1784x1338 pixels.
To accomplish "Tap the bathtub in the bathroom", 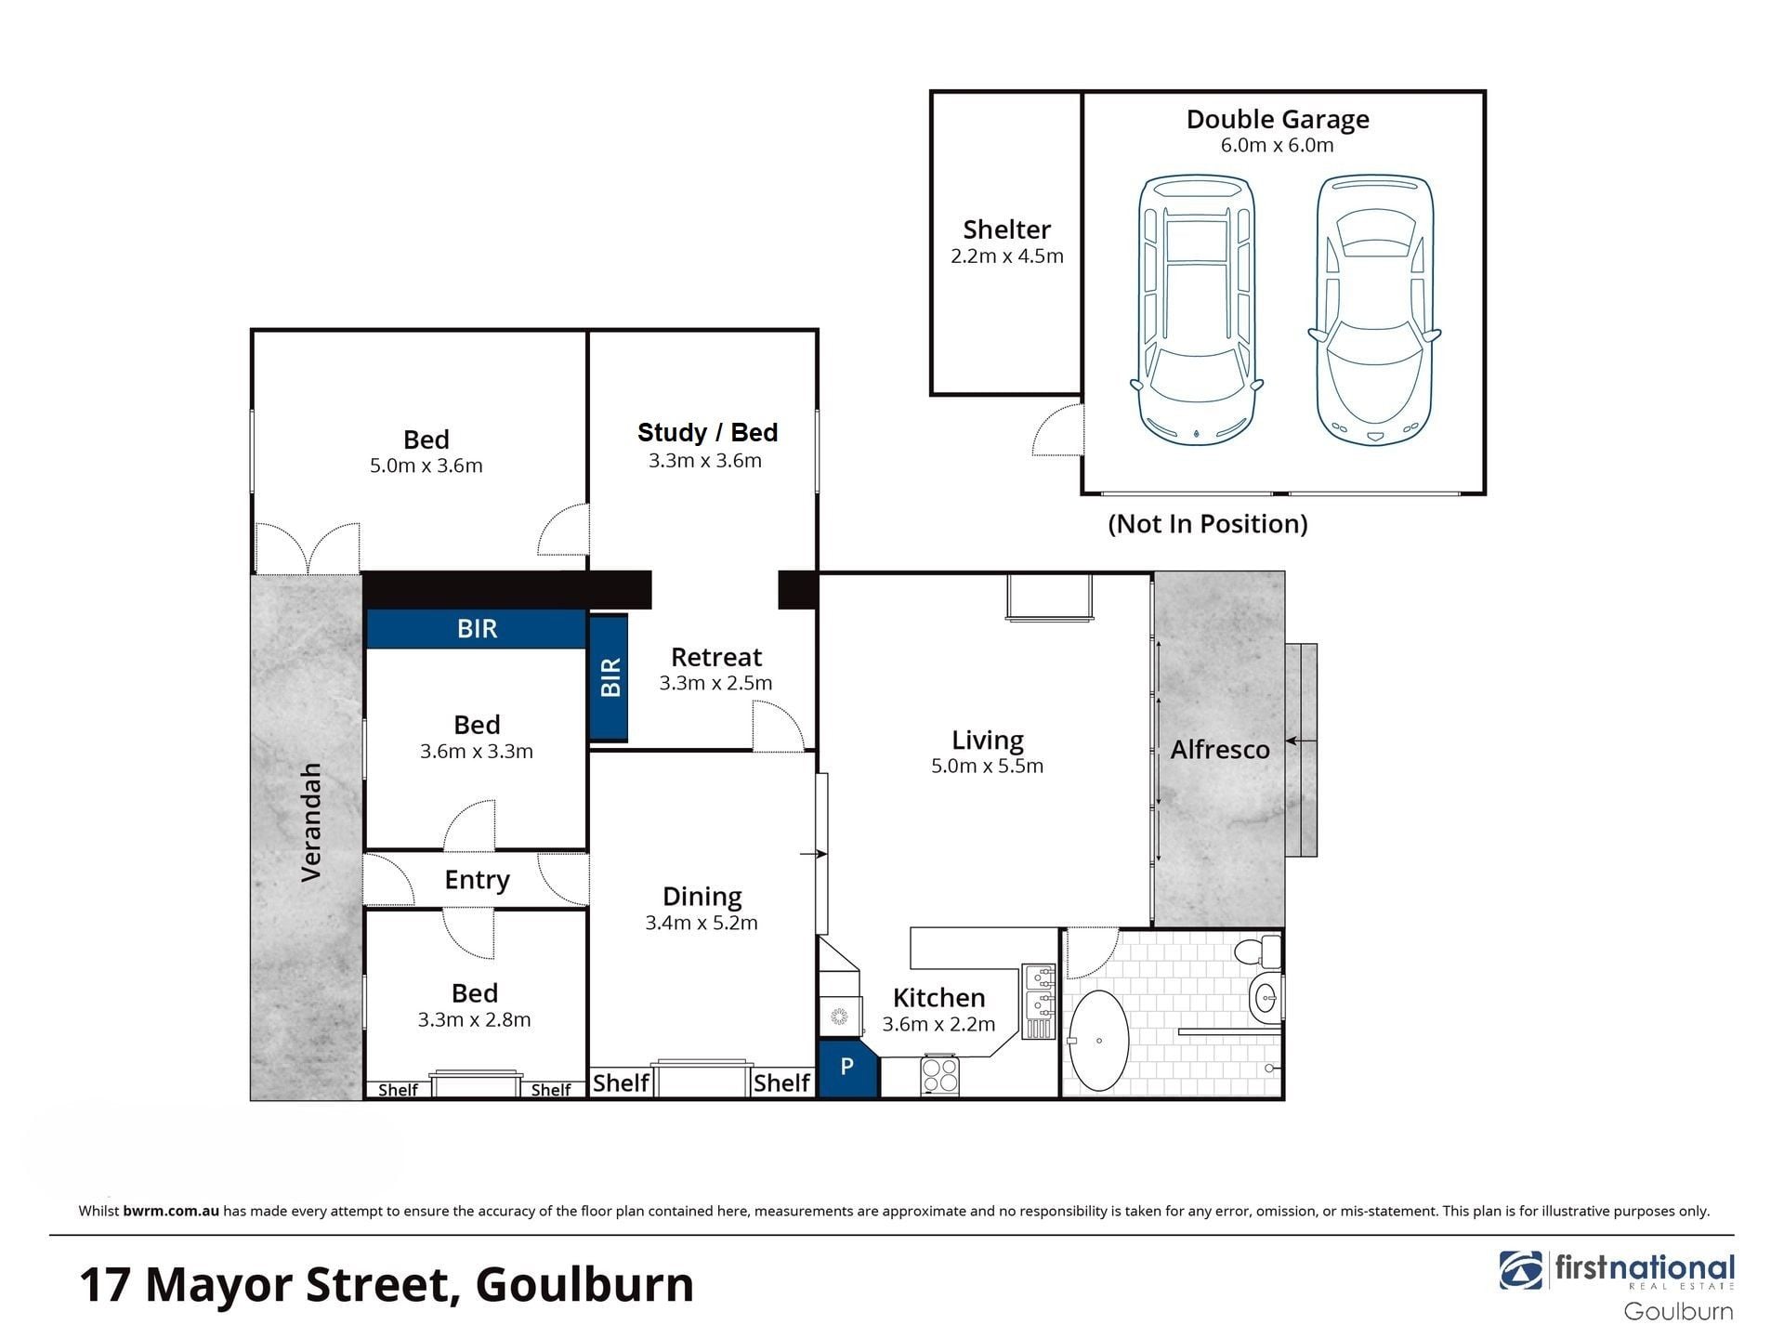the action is click(x=1098, y=1041).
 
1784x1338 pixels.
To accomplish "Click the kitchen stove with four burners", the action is click(x=939, y=1076).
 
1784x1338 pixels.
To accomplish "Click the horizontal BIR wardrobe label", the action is click(x=478, y=629).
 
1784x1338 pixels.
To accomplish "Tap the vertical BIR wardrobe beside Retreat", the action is click(x=610, y=677).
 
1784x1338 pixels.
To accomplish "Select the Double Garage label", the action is click(x=1278, y=119).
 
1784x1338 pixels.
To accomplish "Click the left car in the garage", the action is click(x=1197, y=310).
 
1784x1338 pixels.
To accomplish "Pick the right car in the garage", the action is click(x=1374, y=310).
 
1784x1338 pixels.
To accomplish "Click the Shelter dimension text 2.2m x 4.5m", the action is click(x=1007, y=256).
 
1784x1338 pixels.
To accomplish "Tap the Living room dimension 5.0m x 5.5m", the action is click(x=987, y=766).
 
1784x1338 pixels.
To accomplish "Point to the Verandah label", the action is click(x=311, y=822).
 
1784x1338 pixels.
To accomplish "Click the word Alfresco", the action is click(x=1220, y=750).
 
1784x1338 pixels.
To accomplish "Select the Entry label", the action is click(x=477, y=880).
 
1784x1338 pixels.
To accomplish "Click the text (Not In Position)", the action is click(x=1208, y=524).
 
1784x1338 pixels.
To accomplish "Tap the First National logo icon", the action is click(x=1521, y=1270).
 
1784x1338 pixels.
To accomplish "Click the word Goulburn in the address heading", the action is click(x=584, y=1285).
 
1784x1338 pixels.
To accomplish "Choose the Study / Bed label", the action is click(x=707, y=433).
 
